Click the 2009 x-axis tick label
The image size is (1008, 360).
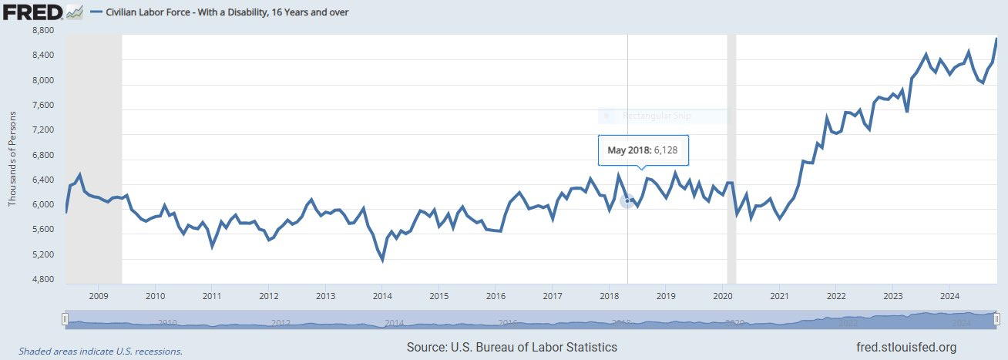coord(99,296)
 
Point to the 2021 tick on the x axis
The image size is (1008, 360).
coord(779,296)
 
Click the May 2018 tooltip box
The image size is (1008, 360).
coord(643,150)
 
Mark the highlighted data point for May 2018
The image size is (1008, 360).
coord(627,200)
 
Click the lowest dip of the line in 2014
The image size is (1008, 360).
coord(382,261)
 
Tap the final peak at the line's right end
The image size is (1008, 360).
coord(996,39)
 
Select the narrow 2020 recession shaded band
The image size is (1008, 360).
coord(731,154)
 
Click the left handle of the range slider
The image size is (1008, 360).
coord(66,318)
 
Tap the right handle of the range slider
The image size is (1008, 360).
coord(996,318)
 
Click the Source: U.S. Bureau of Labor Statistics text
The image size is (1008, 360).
coord(512,348)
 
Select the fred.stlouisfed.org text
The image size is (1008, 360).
coord(906,348)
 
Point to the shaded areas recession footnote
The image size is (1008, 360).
coord(100,351)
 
